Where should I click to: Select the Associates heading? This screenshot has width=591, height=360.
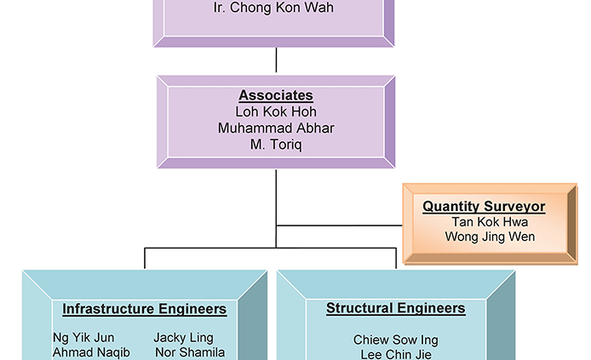pos(276,96)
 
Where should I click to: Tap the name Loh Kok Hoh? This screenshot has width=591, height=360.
pos(276,111)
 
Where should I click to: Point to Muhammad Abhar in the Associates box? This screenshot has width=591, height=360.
pos(276,129)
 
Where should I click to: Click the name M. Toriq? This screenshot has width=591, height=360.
pos(276,145)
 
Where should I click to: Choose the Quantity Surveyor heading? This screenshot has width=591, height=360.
pos(484,206)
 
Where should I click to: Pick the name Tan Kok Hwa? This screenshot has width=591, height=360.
pos(490,222)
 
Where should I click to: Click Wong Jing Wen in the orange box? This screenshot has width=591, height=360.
pos(490,237)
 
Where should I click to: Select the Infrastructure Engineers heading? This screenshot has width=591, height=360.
pos(145,309)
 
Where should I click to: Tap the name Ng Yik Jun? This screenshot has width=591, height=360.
pos(83,338)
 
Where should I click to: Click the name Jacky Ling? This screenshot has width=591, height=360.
pos(183,338)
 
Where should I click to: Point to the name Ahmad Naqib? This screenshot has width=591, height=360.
pos(91,352)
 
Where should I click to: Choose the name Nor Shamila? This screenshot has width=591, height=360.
pos(190,352)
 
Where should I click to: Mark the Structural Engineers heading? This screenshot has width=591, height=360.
pos(396,308)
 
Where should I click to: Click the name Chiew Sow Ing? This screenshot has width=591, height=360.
pos(396,340)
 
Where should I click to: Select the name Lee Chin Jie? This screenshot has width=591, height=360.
pos(396,355)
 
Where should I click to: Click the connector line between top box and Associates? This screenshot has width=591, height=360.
pos(276,60)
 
